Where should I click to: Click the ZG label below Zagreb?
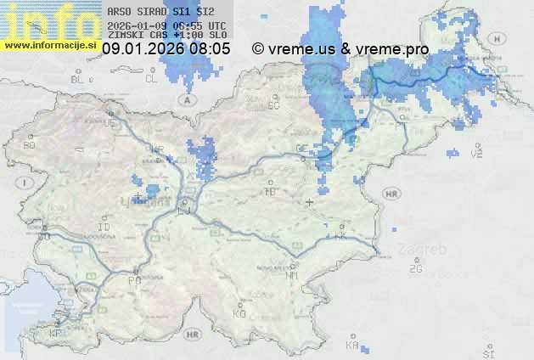click(415, 269)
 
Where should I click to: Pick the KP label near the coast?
click(56, 334)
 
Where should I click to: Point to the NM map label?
click(292, 276)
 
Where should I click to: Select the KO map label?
click(239, 313)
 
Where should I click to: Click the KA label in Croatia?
click(353, 346)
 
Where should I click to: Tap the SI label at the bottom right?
click(487, 352)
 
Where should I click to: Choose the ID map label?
click(104, 228)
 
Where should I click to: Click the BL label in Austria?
click(79, 79)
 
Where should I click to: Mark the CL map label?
click(151, 79)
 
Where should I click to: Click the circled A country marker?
click(184, 99)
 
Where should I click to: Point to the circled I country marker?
click(26, 183)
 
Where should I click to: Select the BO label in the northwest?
click(30, 145)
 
